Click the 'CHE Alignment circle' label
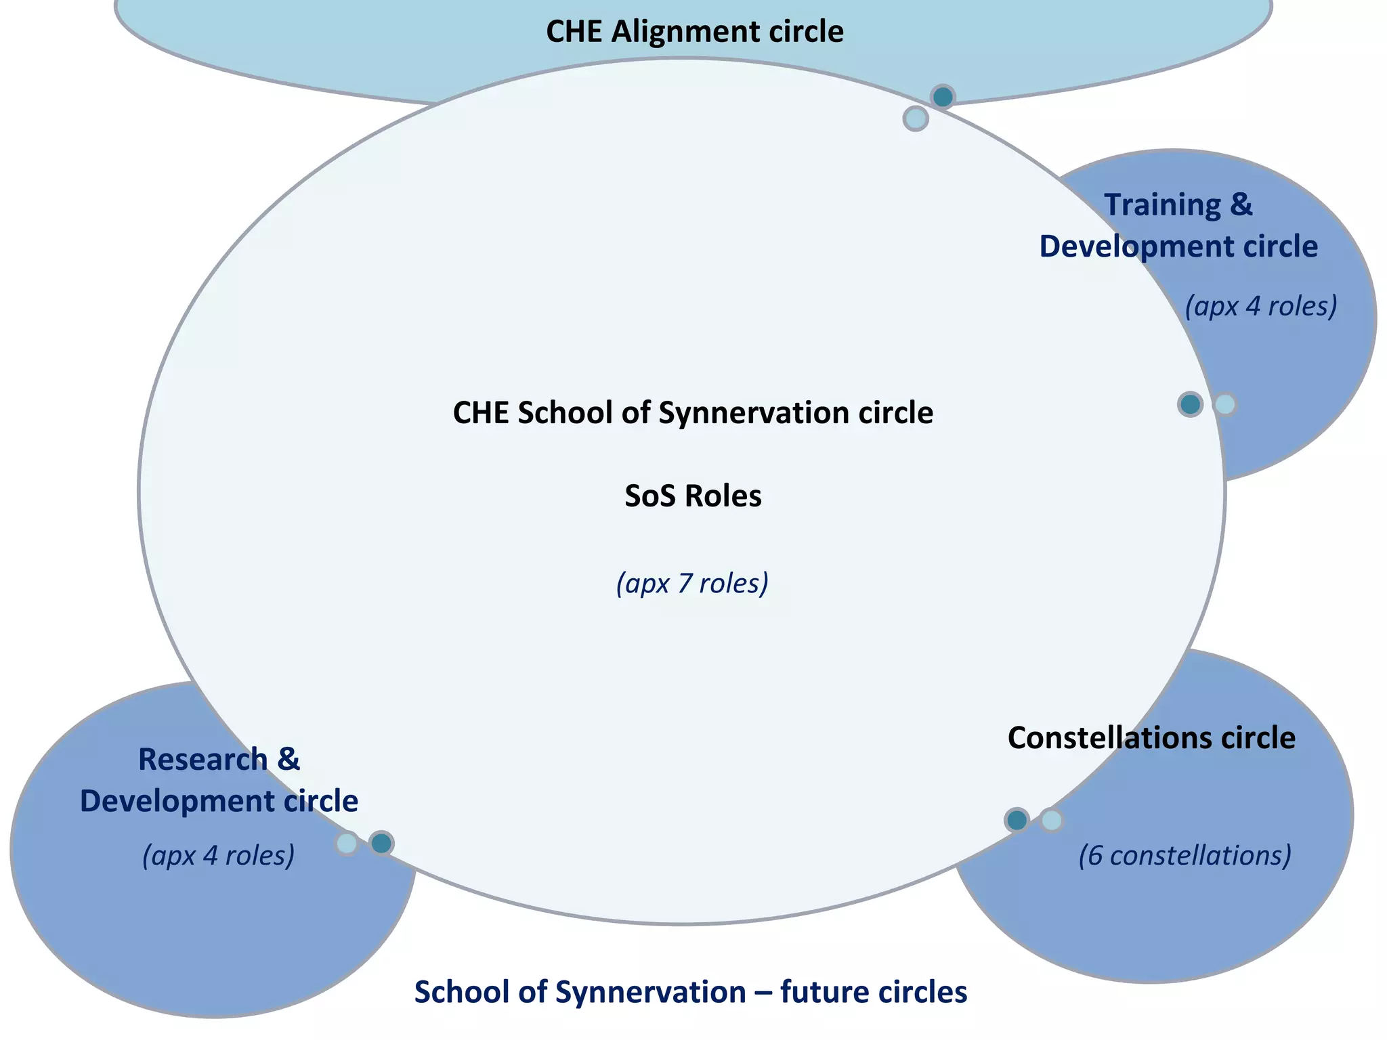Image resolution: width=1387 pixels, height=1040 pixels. (694, 32)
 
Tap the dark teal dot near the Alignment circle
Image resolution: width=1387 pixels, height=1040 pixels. (942, 97)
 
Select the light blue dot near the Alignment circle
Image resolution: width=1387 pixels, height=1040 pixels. (915, 119)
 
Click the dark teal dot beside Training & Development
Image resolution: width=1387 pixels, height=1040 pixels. (1190, 405)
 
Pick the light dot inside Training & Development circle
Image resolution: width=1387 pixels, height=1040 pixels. (1224, 405)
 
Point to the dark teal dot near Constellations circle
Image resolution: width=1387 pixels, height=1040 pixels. (1017, 821)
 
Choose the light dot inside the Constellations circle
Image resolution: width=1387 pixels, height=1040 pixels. (1051, 821)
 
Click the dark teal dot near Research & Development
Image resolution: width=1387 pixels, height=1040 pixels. (381, 844)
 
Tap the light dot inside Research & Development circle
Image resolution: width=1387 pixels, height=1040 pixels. (347, 844)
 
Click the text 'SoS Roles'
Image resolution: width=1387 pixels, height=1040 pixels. (693, 496)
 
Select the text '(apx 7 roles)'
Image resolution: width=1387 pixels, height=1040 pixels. (692, 583)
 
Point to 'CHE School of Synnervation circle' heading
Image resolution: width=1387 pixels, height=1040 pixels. (693, 413)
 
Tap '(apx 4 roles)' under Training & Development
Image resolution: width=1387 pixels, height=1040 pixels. (1260, 306)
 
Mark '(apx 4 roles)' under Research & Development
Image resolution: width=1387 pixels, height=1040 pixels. (218, 855)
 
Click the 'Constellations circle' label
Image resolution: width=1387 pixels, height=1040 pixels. (1151, 738)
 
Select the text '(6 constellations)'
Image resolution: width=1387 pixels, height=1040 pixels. (1185, 855)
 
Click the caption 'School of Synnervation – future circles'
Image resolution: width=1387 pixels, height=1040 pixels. (690, 993)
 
